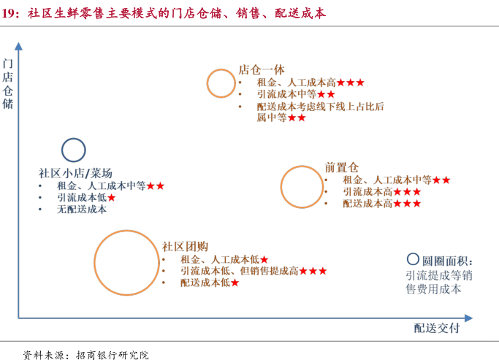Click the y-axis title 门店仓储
pos(8,83)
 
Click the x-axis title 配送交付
pos(437,328)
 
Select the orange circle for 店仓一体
pos(220,83)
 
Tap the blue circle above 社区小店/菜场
pos(74,150)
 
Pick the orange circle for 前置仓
pos(301,187)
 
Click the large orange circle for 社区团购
pos(126,261)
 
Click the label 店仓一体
pos(261,70)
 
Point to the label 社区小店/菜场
pos(75,173)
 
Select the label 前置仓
pos(342,167)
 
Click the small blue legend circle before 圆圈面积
pos(413,259)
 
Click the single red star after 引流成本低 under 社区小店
pos(112,197)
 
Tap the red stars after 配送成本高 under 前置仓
pos(406,204)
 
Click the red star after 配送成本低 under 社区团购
pos(235,283)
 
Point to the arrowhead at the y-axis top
pos(19,46)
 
